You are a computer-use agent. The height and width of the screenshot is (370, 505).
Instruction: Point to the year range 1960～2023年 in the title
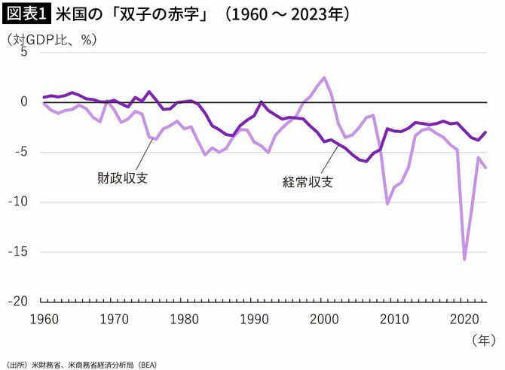[286, 14]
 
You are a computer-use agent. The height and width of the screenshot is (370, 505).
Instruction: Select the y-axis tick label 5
[23, 52]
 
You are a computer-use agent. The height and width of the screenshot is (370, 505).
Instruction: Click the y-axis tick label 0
[23, 102]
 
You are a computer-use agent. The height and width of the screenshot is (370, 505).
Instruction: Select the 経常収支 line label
[308, 181]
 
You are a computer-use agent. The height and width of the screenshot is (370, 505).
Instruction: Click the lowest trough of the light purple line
[464, 259]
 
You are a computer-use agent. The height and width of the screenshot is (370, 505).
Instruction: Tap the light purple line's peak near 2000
[324, 77]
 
